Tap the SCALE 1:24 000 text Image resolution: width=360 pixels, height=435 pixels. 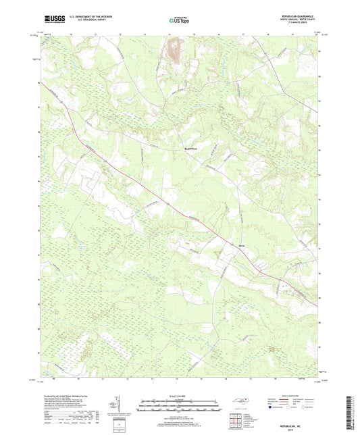click(179, 396)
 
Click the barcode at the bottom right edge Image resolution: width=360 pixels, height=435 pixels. click(352, 414)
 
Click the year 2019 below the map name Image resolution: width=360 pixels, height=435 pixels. click(302, 428)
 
